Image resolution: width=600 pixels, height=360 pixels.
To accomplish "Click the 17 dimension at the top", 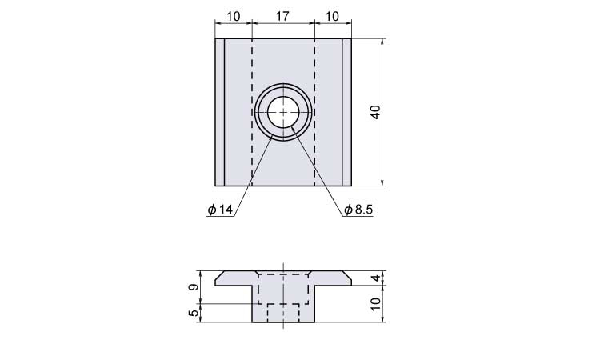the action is point(282,17).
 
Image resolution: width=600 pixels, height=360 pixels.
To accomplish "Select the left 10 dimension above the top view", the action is point(234,17).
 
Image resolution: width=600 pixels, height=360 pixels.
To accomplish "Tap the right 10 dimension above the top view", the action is point(332,17).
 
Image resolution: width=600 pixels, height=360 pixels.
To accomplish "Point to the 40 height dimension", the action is point(376,112).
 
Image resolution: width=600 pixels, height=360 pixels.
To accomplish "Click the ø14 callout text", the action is point(220,210).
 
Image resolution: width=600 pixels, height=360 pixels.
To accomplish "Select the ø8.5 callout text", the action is point(358,210).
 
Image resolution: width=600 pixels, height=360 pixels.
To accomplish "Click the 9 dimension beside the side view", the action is point(194,287).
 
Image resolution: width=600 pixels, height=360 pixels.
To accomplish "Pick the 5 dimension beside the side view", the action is point(194,313).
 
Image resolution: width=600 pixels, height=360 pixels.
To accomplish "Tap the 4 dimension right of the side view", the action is point(377,278).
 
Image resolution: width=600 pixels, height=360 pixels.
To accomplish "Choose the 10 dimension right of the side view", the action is point(376,304).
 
